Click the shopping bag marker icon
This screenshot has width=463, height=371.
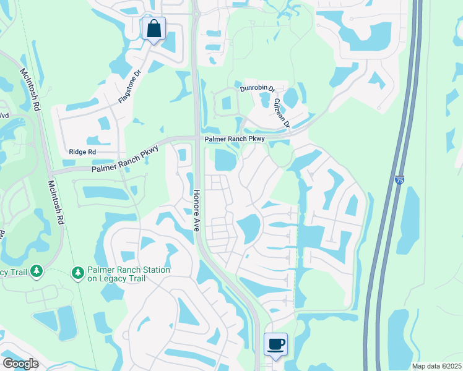click(x=154, y=28)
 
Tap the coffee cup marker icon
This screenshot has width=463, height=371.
click(x=275, y=344)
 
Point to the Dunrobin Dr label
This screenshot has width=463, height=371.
click(x=257, y=88)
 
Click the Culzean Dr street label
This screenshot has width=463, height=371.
click(x=282, y=113)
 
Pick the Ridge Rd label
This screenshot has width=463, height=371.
click(x=82, y=151)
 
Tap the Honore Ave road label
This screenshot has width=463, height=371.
click(x=196, y=210)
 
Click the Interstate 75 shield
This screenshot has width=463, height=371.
click(x=399, y=181)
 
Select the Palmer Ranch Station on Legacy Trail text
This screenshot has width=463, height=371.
click(x=128, y=274)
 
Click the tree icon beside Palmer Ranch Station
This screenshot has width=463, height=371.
click(x=77, y=272)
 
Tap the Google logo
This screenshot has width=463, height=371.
click(x=20, y=364)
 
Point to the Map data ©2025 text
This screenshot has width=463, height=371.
click(x=436, y=366)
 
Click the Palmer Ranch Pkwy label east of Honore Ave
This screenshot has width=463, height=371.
click(x=235, y=139)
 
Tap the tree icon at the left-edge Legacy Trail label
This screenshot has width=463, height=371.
click(x=37, y=271)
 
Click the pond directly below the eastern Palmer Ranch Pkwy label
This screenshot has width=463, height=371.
click(x=225, y=161)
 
